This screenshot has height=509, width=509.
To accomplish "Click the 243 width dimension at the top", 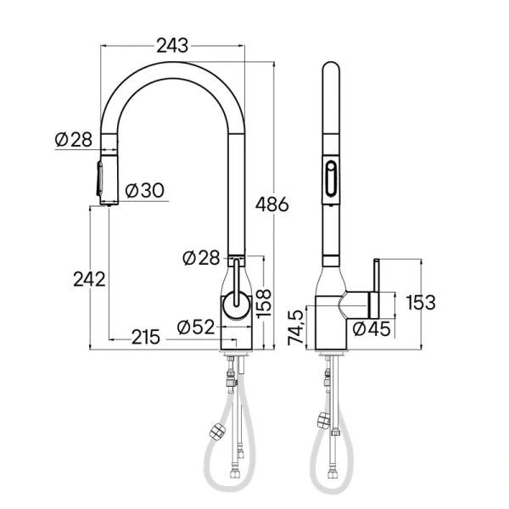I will tap(173, 45).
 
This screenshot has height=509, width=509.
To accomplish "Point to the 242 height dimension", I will tap(89, 278).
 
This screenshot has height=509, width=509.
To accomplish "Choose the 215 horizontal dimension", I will tap(146, 337).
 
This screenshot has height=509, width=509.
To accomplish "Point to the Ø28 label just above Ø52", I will tap(201, 256).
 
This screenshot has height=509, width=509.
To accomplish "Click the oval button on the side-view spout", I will tap(328, 180).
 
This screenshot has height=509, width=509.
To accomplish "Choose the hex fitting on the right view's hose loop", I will tap(323, 420).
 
